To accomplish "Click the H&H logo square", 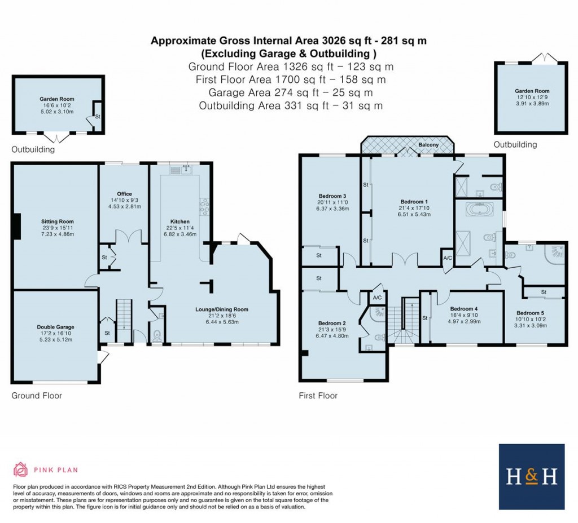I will [x=532, y=476].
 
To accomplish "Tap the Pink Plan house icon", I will [x=20, y=469].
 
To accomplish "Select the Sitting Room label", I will [x=57, y=221].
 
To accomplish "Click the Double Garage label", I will [x=55, y=327].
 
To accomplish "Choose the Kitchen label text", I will [x=180, y=221].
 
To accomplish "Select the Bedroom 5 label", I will [x=531, y=313].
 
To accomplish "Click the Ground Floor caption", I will [x=37, y=396].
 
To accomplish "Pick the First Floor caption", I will [x=318, y=396].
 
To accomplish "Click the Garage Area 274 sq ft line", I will [x=291, y=92].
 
